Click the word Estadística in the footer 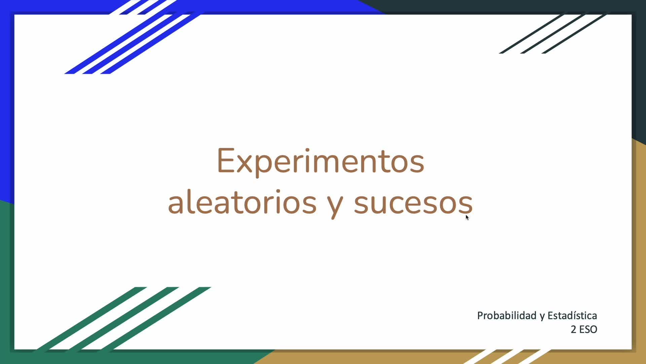pos(572,315)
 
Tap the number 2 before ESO pos(574,329)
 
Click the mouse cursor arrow pos(467,217)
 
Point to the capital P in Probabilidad pos(480,315)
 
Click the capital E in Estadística pos(550,316)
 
